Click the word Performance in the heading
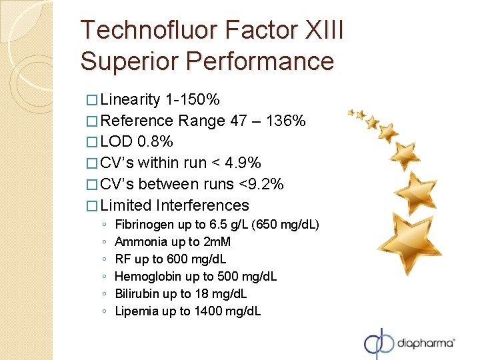click(x=260, y=61)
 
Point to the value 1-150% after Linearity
click(x=193, y=100)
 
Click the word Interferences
click(x=202, y=205)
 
